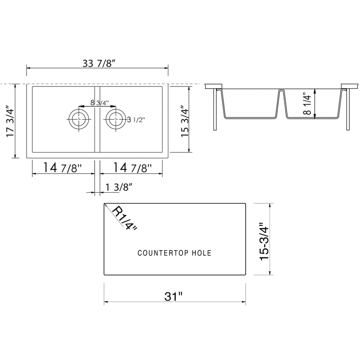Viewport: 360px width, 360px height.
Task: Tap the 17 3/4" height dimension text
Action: (10, 121)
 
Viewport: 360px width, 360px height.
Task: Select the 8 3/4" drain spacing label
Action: (99, 103)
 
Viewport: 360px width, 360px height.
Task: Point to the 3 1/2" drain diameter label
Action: (136, 120)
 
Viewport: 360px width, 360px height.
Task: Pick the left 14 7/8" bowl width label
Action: (63, 167)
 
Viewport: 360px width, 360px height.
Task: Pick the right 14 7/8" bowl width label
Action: (132, 167)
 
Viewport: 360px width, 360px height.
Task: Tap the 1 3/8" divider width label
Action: (119, 187)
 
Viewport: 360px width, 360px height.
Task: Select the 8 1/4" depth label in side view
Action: (307, 103)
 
